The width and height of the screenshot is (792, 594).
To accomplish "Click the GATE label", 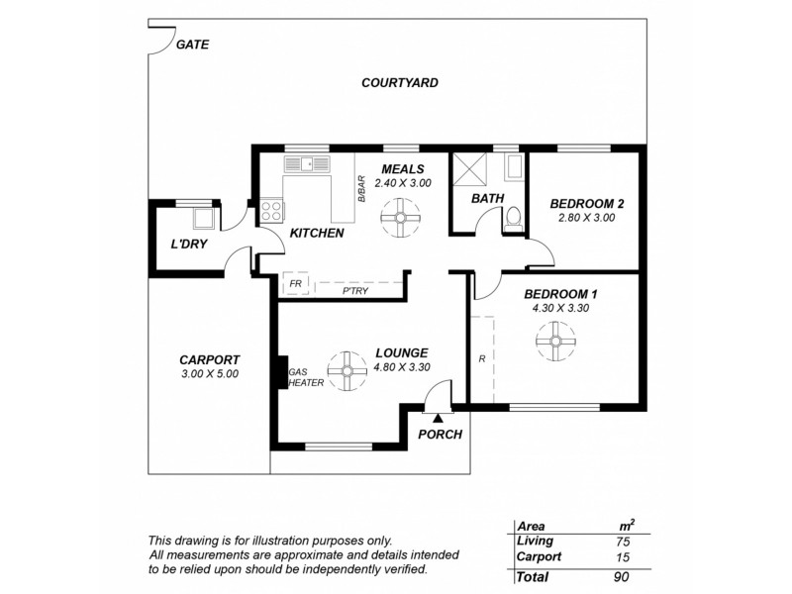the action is point(192,45).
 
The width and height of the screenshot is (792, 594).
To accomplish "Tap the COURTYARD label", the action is point(400,83).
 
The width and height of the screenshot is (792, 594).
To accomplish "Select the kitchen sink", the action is point(307,164).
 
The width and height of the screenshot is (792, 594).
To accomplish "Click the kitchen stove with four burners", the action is point(271,211).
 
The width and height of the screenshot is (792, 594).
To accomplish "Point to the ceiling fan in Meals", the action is point(400,218).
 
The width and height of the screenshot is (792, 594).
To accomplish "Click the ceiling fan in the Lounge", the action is point(347,371).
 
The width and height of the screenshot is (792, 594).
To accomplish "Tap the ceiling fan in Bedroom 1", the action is point(555,342).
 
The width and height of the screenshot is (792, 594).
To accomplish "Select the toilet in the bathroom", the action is point(514,219).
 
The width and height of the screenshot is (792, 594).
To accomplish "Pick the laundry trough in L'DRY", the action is point(205,219).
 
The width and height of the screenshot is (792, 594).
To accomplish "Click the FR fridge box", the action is point(295,283).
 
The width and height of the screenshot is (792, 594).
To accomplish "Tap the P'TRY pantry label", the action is point(355,291).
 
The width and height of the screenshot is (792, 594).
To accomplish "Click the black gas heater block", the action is point(281,373).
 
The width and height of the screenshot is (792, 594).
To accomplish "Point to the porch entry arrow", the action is point(438,418).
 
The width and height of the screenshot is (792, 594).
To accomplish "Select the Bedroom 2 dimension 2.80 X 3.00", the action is point(586,218).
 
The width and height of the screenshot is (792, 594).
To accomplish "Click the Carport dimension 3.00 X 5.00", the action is point(210,374).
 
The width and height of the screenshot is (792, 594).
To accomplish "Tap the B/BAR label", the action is point(361,189).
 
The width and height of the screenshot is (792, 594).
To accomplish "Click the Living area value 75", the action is point(623,542).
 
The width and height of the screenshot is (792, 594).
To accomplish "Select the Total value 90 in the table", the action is point(622,577).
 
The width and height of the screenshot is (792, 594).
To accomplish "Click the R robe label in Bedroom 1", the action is point(482,359).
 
